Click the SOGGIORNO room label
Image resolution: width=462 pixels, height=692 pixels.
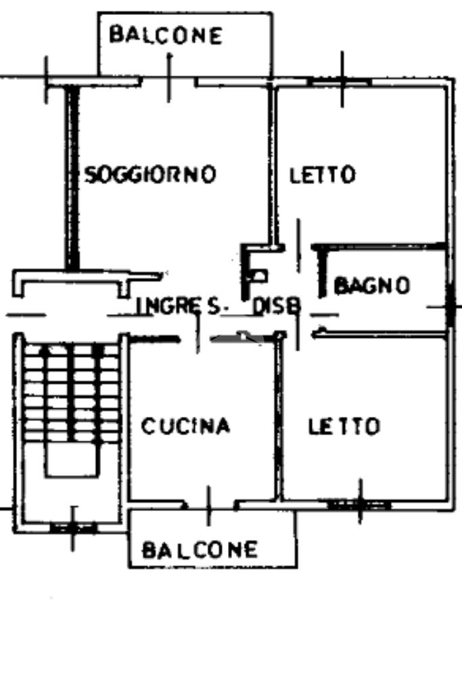click(x=150, y=175)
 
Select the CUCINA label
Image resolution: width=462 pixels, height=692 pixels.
click(x=186, y=426)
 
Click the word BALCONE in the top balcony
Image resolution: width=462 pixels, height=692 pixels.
click(x=166, y=35)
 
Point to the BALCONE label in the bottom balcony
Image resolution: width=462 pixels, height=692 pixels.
click(x=200, y=549)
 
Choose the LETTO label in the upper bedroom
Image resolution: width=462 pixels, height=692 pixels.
click(x=323, y=176)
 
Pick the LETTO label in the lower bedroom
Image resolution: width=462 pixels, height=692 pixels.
click(x=344, y=427)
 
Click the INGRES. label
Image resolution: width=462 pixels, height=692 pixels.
click(x=179, y=306)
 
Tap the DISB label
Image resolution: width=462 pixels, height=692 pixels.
click(x=276, y=306)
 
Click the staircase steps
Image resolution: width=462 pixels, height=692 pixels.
click(x=71, y=392)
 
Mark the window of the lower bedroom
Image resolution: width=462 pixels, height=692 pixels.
click(x=359, y=503)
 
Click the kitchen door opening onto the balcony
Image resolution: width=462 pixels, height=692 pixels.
click(x=210, y=504)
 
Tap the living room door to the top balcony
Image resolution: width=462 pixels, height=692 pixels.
click(x=169, y=81)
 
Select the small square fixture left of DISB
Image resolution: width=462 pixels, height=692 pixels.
click(x=258, y=275)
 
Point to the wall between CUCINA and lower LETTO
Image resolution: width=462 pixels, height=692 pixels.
click(x=278, y=419)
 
